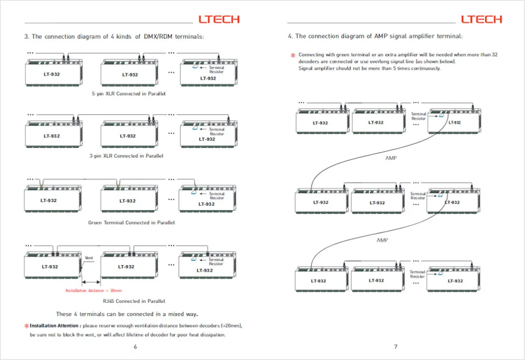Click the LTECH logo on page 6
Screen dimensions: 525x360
pos(219,19)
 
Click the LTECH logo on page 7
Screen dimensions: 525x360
pos(481,19)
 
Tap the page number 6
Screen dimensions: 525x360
pos(135,346)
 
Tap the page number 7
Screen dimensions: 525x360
pos(396,346)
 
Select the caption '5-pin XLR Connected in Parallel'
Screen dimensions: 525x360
pos(129,94)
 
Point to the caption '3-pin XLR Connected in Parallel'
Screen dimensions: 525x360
pos(126,156)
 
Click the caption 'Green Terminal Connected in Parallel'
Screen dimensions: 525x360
pos(131,223)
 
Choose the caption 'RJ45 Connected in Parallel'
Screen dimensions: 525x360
pos(134,301)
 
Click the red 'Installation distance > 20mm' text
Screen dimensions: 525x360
pos(94,290)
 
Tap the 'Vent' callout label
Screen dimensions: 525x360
pos(89,258)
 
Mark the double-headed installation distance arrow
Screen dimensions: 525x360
pos(91,282)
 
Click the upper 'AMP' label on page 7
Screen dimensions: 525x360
pos(391,158)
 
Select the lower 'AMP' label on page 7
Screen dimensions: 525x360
pos(382,240)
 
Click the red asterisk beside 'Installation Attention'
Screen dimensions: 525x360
pos(26,326)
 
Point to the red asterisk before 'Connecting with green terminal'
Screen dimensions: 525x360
pos(293,55)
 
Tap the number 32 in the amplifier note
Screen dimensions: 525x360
pos(495,55)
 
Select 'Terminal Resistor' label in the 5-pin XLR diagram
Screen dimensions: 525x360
pos(216,70)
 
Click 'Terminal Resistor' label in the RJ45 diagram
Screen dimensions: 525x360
pos(216,262)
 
